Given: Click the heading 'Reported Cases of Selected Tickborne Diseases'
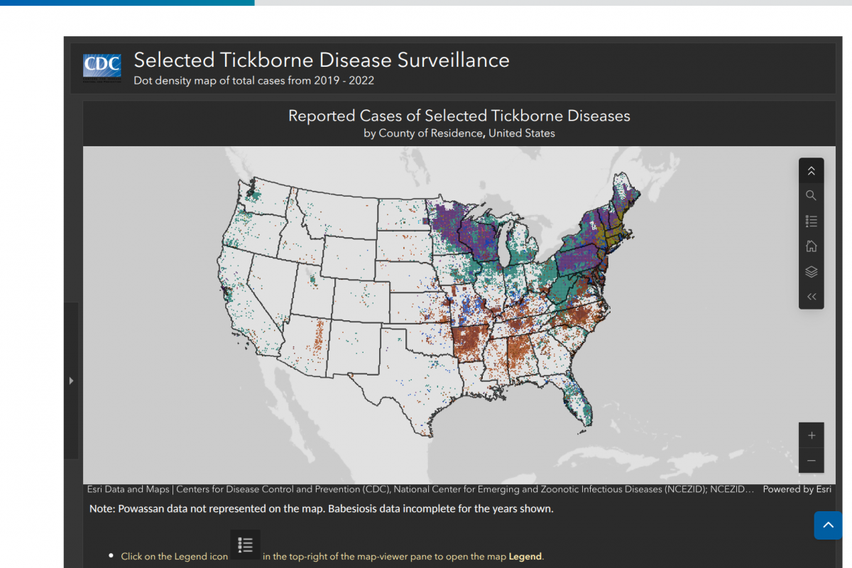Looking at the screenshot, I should [459, 116].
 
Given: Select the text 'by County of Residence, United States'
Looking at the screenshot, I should [459, 133].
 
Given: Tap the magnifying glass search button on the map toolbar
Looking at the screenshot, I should [811, 196].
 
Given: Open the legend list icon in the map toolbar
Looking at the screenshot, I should [811, 222].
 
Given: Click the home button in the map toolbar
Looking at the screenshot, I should [811, 246].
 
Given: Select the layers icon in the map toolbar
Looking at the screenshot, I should [811, 271].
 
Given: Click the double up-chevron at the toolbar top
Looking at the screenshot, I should [811, 171].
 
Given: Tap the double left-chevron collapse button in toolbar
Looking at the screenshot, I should [811, 297].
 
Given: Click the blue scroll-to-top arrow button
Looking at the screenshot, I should [828, 525].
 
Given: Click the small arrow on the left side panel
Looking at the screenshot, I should [71, 381].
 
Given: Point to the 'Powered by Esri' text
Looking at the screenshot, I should [797, 489].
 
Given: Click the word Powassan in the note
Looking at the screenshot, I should [142, 509].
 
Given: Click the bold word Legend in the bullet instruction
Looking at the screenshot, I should [525, 557].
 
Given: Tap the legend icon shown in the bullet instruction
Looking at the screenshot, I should [245, 545].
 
